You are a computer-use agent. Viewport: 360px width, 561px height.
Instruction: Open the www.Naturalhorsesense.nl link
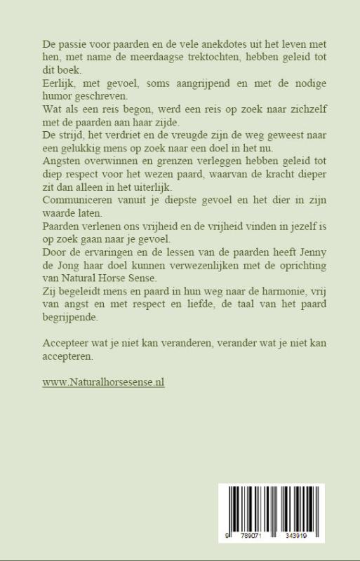coord(103,383)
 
